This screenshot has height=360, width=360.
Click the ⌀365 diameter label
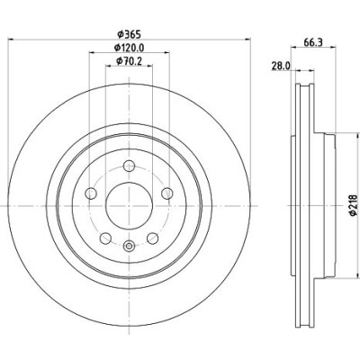tap(129, 34)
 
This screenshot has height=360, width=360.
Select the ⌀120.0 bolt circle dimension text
tap(130, 48)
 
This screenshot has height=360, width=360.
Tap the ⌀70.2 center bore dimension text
tap(129, 61)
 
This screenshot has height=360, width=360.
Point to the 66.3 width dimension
tap(313, 42)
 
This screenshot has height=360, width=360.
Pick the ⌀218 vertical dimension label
tap(353, 205)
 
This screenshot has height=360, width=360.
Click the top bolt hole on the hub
tap(129, 166)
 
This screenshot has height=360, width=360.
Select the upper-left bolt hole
tap(91, 193)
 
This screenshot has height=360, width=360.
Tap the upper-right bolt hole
tap(167, 193)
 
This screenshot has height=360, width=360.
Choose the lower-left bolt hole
tap(105, 238)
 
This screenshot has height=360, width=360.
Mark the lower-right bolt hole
tap(153, 238)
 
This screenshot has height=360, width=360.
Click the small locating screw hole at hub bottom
tap(129, 247)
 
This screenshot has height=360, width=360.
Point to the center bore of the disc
tap(130, 206)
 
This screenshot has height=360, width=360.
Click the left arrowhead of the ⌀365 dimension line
tap(11, 39)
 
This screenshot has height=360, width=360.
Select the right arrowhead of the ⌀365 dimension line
tap(247, 39)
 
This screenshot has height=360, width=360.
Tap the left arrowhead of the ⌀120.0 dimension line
tap(93, 52)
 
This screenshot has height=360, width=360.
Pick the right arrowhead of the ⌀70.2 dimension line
tap(149, 66)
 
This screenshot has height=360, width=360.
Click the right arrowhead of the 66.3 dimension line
tap(332, 47)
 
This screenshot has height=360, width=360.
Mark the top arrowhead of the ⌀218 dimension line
tap(357, 137)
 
